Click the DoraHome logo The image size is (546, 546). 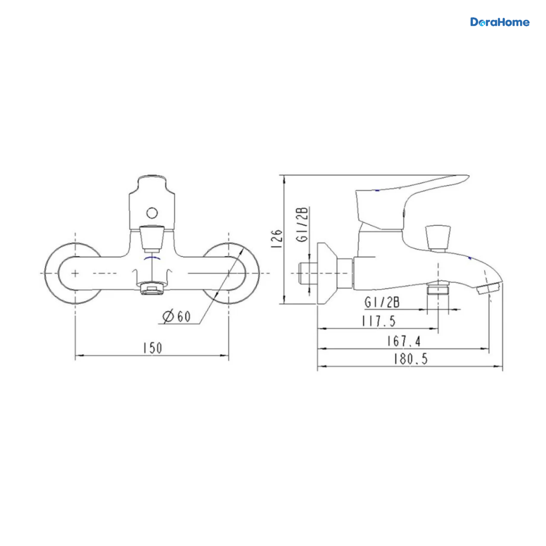tap(500, 22)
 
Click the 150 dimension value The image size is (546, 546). tap(152, 348)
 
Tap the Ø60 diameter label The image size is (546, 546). tap(177, 316)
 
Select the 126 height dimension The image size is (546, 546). tap(277, 239)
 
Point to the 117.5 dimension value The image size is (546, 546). tap(379, 321)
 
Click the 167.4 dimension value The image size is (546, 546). tap(404, 341)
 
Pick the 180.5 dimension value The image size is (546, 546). tap(410, 359)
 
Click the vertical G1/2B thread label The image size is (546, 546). tap(302, 225)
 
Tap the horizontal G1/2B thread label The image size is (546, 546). tap(382, 303)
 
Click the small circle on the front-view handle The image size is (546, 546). tap(152, 213)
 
